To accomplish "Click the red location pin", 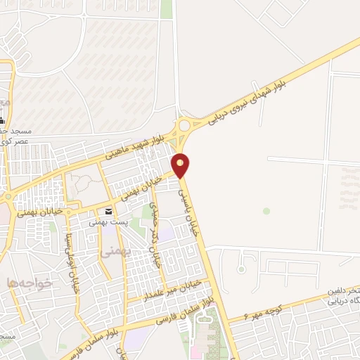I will point(181,165).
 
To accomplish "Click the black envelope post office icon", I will point(108,212).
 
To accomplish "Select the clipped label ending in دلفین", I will point(344,290).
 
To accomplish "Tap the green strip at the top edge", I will point(167,9).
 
